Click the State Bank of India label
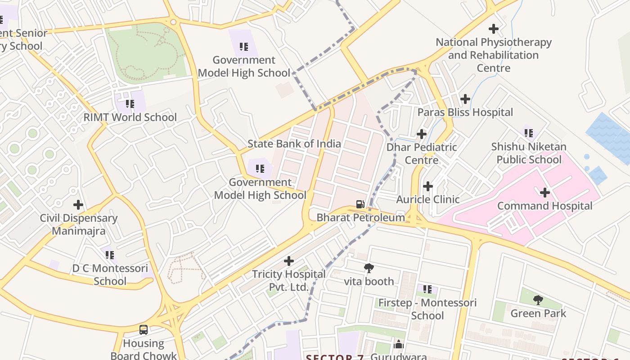[x=294, y=144]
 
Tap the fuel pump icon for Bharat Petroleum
[x=360, y=204]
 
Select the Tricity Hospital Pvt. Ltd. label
[x=288, y=280]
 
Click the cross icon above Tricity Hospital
[x=289, y=261]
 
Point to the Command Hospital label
[x=544, y=206]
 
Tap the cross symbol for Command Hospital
[x=545, y=193]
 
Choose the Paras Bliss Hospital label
[x=465, y=112]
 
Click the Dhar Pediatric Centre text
[x=422, y=153]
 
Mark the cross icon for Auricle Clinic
[x=428, y=186]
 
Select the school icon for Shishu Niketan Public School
[x=529, y=133]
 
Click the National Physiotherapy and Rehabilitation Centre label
[x=494, y=55]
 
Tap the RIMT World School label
[x=130, y=117]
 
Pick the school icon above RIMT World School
[x=130, y=104]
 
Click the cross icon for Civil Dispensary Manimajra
[x=78, y=205]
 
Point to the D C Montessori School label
[x=110, y=274]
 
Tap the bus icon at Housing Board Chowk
[x=144, y=330]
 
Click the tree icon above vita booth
[x=369, y=268]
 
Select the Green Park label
[x=538, y=313]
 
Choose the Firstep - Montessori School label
[x=427, y=309]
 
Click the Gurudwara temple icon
[x=399, y=345]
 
